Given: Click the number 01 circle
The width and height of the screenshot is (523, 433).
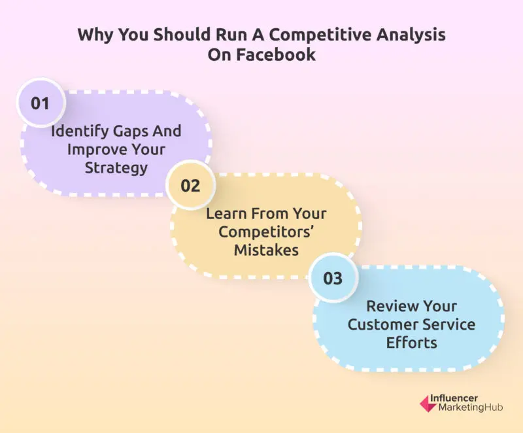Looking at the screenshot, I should (41, 103).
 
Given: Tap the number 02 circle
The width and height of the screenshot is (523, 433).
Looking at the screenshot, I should (190, 186).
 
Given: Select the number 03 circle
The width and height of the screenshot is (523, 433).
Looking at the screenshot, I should (333, 278).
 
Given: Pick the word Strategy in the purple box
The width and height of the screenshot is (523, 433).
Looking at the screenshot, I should (116, 168).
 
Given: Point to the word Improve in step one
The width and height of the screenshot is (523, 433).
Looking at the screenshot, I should (94, 150).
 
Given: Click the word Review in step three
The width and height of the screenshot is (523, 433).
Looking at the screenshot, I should (394, 306).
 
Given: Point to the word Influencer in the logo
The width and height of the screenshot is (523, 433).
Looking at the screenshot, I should (454, 398).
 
